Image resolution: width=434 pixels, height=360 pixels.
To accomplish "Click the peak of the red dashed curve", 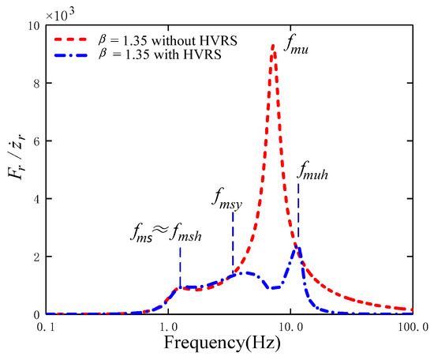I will pyautogui.click(x=273, y=46).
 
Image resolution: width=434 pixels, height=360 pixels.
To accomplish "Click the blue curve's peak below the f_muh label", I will pyautogui.click(x=297, y=248).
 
